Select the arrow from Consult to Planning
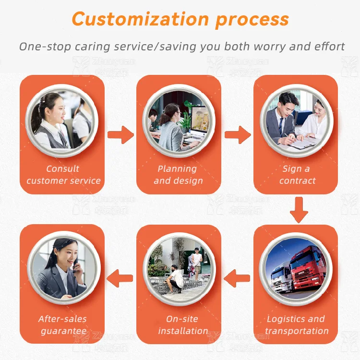point(120,135)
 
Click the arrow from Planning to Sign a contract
point(238,135)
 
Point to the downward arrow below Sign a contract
point(299,209)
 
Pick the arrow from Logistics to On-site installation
point(237,276)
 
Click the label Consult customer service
point(63,175)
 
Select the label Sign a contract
point(297,175)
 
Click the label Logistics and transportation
point(296,325)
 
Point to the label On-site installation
point(183,325)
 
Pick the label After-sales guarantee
point(63,325)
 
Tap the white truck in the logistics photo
point(281,278)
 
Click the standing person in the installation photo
point(196,262)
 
